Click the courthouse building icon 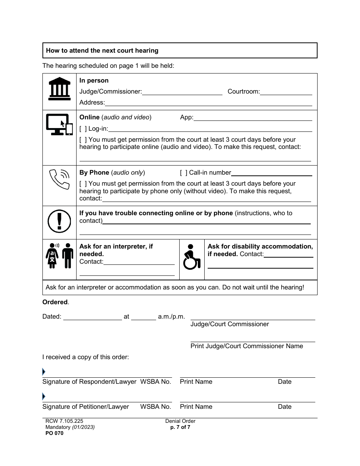click(x=59, y=88)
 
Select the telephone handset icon click(x=59, y=179)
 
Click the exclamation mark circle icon click(x=59, y=221)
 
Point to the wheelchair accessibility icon click(x=191, y=256)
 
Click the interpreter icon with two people click(x=59, y=256)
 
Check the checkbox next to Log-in click(x=83, y=129)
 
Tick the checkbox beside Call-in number click(x=183, y=173)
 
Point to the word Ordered click(x=55, y=302)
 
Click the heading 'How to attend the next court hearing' click(x=102, y=51)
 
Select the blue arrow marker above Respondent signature click(x=44, y=372)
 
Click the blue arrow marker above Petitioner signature click(x=44, y=397)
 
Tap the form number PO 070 click(x=53, y=433)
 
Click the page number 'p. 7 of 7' click(x=180, y=427)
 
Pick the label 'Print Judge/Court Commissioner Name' click(x=247, y=346)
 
